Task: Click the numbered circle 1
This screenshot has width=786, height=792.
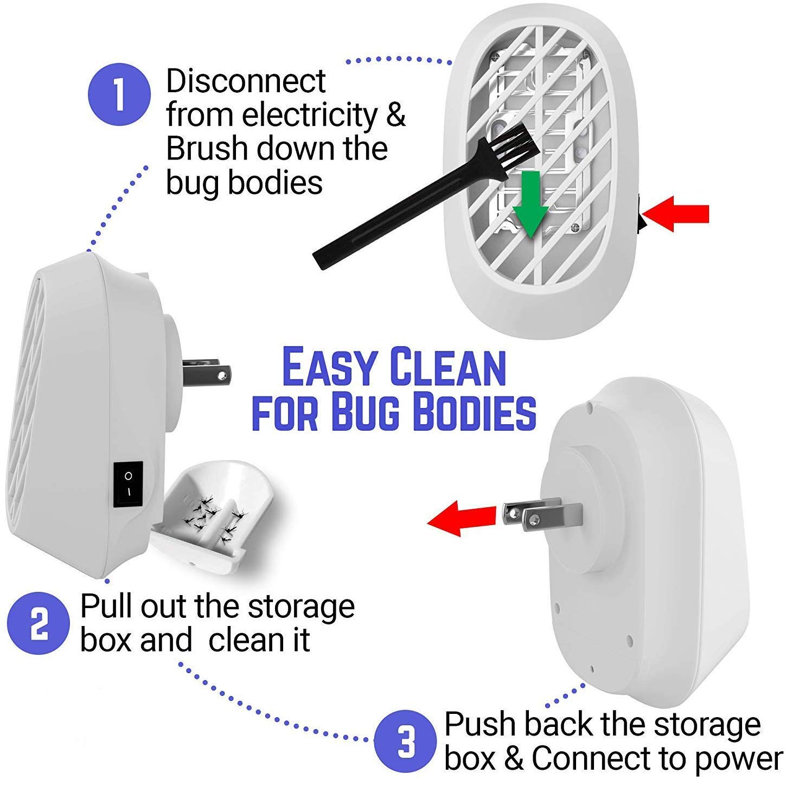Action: pyautogui.click(x=119, y=95)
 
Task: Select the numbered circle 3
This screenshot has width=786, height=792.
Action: pyautogui.click(x=405, y=742)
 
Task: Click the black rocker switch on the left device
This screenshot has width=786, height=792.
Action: pyautogui.click(x=128, y=484)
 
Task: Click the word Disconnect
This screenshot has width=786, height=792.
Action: pyautogui.click(x=246, y=81)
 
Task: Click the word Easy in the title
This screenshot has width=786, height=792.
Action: pyautogui.click(x=329, y=368)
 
